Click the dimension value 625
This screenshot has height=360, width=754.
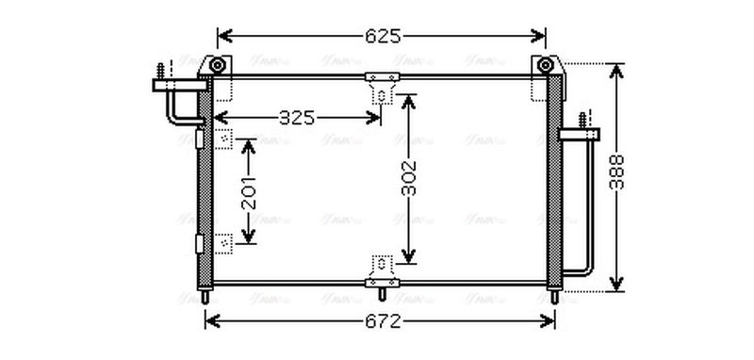[382, 37]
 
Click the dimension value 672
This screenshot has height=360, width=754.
[382, 321]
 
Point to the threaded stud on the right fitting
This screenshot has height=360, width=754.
[582, 121]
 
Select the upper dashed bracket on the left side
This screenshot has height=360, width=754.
[225, 140]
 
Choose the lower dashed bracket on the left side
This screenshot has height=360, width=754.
[225, 242]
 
